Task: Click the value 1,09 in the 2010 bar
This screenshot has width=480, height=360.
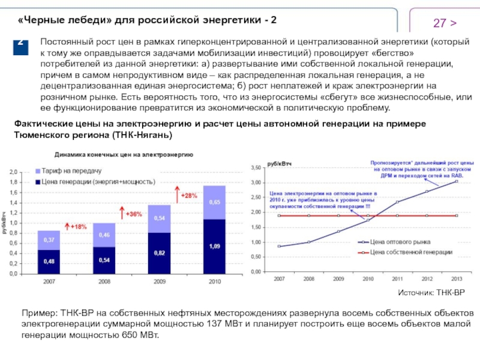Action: (x=214, y=246)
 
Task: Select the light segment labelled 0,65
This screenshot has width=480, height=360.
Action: (x=214, y=203)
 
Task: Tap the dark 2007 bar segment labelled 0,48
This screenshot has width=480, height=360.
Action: (x=49, y=261)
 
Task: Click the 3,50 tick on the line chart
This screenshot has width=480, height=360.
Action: (x=256, y=166)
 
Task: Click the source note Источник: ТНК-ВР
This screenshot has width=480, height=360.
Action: (x=430, y=292)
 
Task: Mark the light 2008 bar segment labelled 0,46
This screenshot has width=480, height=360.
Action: (x=104, y=235)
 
